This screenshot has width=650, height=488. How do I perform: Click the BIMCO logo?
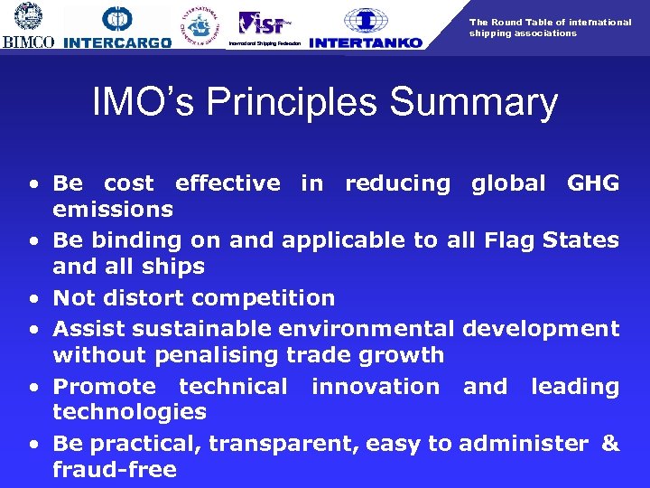[29, 25]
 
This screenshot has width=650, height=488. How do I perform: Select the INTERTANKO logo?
[365, 27]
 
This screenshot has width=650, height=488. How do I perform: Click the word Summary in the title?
[467, 103]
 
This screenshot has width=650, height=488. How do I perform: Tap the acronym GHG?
[592, 183]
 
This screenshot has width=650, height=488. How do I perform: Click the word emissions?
[113, 210]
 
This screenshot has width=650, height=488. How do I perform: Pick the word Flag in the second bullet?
[509, 240]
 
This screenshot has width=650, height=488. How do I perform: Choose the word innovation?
[375, 387]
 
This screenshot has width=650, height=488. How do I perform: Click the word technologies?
[129, 412]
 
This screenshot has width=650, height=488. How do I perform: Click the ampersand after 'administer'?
[610, 444]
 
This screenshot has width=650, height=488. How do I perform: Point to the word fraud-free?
[115, 470]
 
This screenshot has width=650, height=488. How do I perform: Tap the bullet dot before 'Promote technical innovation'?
[32, 388]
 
